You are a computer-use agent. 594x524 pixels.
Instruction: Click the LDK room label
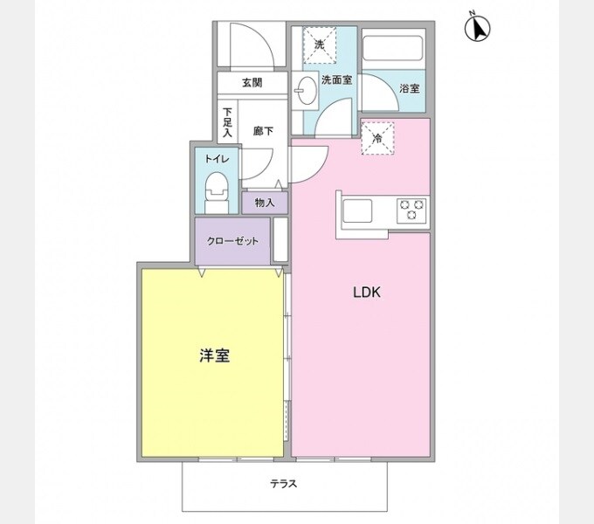366,293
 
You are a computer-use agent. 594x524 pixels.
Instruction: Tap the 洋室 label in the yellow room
214,355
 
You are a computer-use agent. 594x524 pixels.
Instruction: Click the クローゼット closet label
232,240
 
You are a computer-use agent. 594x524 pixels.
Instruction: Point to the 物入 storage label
264,203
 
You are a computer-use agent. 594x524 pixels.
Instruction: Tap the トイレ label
217,159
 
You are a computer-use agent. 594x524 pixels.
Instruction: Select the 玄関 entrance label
252,83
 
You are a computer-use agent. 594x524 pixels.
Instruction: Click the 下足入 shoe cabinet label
227,123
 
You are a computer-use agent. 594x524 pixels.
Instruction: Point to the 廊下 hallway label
263,132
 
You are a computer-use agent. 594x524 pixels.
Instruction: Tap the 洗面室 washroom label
337,80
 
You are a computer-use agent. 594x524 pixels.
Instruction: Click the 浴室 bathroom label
409,88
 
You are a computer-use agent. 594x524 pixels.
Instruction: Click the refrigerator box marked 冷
377,137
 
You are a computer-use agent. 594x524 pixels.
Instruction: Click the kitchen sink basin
359,210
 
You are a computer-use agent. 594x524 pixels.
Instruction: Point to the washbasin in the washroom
305,89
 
